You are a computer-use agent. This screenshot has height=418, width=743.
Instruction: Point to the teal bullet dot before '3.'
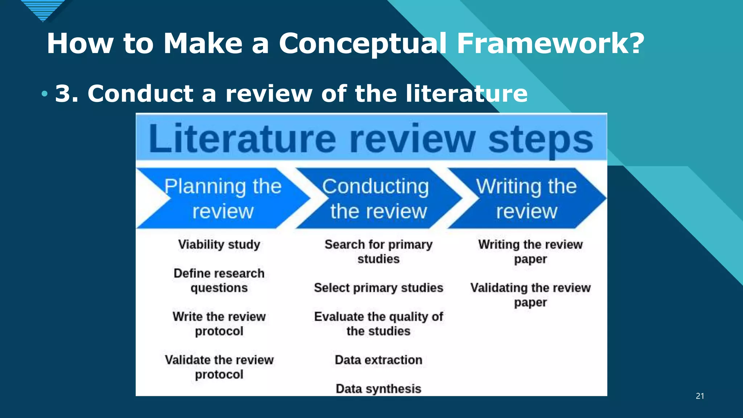[x=44, y=94]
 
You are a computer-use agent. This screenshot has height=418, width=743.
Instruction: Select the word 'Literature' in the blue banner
[x=242, y=139]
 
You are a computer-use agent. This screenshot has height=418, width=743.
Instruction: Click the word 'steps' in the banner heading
[x=541, y=140]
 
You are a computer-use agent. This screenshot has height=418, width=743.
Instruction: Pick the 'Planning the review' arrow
[x=223, y=198]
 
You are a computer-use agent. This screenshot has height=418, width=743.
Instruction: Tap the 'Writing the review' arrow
[x=526, y=198]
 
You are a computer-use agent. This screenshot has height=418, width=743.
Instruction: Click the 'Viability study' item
[x=219, y=245]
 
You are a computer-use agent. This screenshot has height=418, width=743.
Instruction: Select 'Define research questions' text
[x=219, y=280]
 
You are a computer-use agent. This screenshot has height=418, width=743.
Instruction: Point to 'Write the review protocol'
[x=219, y=324]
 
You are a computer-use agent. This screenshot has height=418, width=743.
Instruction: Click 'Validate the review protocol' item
[x=219, y=367]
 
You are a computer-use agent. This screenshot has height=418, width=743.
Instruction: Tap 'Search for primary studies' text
[x=378, y=251]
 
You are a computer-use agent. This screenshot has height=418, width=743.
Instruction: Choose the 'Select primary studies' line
[x=378, y=288]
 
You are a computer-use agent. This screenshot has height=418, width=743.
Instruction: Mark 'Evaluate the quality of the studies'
[x=378, y=324]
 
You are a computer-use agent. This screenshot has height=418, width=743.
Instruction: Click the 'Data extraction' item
[x=378, y=360]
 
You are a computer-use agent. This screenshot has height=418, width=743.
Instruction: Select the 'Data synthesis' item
[x=378, y=389]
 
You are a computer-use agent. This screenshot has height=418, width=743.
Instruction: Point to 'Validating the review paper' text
[x=530, y=295]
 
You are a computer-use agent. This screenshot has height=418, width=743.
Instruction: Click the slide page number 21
[x=700, y=396]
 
